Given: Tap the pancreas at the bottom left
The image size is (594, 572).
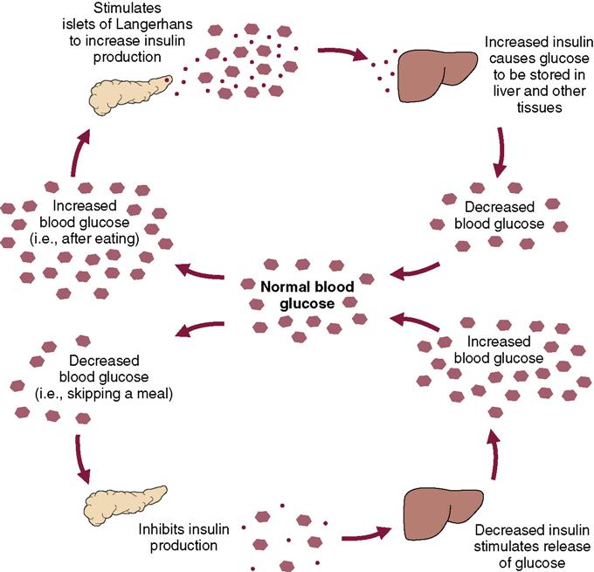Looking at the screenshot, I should click(118, 502).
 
